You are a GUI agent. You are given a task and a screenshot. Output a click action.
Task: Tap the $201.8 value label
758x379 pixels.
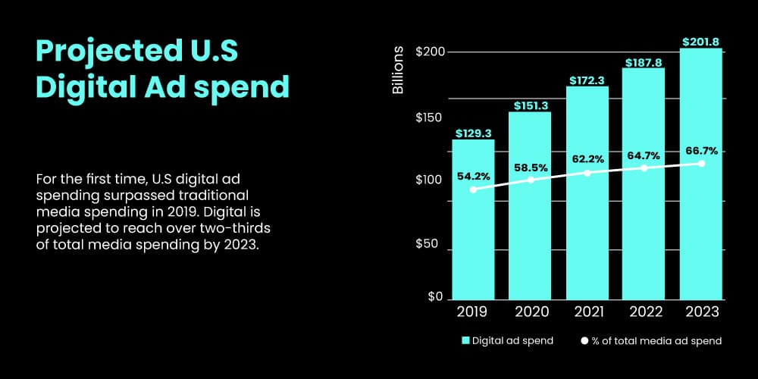click(x=701, y=42)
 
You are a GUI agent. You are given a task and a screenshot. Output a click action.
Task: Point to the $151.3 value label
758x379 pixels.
click(x=530, y=105)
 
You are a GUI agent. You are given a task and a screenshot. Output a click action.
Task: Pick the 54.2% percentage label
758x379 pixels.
click(x=473, y=177)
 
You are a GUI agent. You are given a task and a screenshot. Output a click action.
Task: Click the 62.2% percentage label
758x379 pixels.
click(x=587, y=159)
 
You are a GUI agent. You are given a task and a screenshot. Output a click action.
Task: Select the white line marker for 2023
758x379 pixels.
click(x=701, y=164)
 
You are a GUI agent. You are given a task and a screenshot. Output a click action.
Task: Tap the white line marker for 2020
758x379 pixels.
click(x=531, y=180)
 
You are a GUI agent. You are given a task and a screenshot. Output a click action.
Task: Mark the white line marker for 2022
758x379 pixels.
click(x=644, y=168)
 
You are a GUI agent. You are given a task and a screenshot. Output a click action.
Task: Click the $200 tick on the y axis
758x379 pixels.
click(x=429, y=52)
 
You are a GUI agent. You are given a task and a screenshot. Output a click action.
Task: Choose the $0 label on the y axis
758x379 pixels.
click(x=435, y=297)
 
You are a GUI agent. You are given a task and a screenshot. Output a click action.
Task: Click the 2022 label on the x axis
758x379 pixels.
click(x=644, y=312)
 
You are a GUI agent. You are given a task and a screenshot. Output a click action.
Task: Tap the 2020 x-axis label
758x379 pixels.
click(x=530, y=312)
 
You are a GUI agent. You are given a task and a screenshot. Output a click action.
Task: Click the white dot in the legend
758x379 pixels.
click(x=584, y=341)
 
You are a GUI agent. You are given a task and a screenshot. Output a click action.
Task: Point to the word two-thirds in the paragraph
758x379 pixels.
click(x=236, y=228)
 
